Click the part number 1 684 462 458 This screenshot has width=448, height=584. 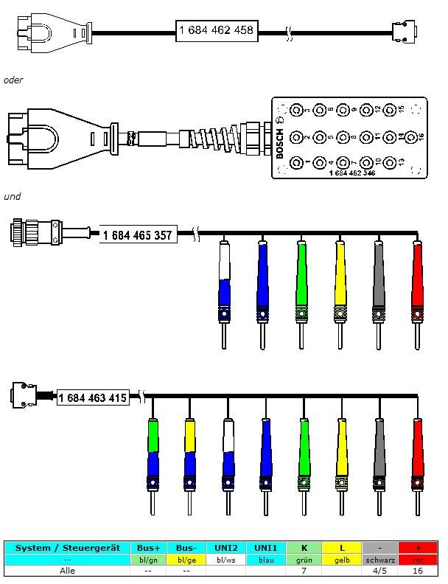click(x=217, y=30)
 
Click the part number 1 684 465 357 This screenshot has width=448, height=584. click(x=139, y=236)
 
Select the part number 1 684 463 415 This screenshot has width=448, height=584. click(x=92, y=397)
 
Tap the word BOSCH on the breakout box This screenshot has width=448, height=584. click(x=279, y=143)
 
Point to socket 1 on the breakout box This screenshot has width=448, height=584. click(x=298, y=162)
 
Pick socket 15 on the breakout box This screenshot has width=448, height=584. click(x=402, y=111)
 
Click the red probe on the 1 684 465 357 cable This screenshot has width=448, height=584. click(x=418, y=284)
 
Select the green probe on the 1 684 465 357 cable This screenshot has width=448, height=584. click(x=301, y=284)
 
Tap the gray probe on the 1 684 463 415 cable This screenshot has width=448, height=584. click(x=379, y=453)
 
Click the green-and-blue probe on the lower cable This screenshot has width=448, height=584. click(x=153, y=453)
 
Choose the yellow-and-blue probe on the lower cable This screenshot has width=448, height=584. click(x=190, y=453)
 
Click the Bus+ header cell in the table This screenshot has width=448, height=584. click(x=147, y=548)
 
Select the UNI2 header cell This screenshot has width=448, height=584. click(x=225, y=548)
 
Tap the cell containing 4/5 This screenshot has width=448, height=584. click(x=379, y=570)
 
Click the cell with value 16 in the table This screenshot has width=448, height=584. click(x=418, y=570)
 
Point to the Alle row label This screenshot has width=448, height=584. click(x=66, y=570)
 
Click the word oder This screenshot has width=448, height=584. click(x=13, y=80)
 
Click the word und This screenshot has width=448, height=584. click(x=12, y=196)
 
